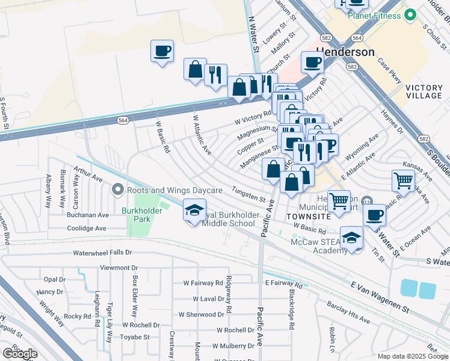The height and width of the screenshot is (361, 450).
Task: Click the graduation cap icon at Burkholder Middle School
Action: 194,211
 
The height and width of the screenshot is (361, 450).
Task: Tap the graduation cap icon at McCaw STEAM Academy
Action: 351,238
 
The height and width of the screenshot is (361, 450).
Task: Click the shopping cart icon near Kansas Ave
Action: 402,180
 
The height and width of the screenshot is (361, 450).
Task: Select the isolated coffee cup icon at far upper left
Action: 162,51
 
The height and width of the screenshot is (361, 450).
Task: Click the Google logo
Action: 20,353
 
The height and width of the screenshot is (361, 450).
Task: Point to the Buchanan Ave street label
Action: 88,215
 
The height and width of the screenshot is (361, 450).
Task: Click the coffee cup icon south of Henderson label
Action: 312,62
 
